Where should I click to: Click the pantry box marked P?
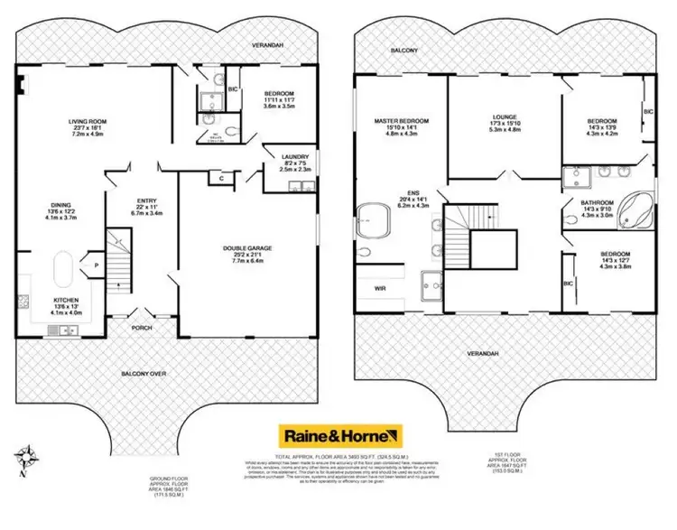click(x=96, y=265)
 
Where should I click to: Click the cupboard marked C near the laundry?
click(x=222, y=178)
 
